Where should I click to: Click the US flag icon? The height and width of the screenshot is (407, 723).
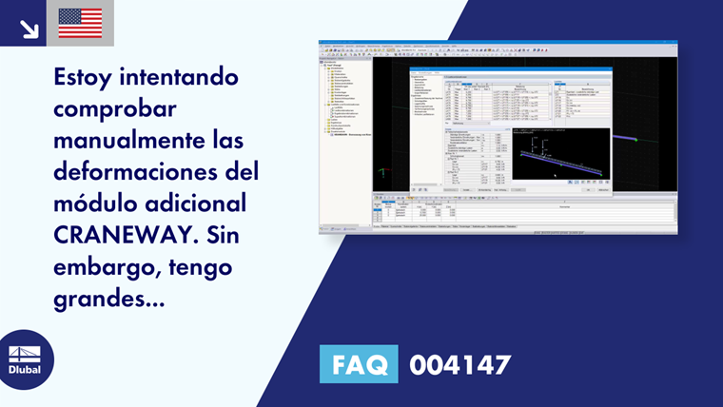click(80, 23)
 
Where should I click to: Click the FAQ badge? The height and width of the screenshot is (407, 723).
click(359, 364)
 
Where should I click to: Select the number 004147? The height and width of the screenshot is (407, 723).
click(459, 364)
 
